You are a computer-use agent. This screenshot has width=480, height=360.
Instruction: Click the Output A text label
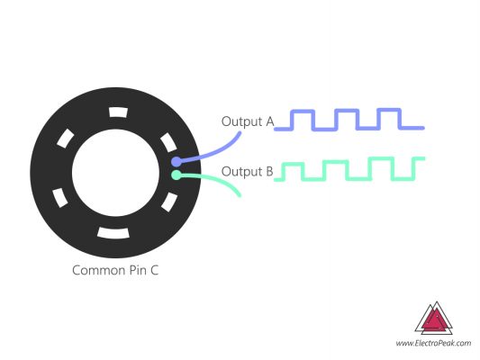[247, 121]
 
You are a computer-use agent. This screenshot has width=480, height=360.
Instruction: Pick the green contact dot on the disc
[177, 175]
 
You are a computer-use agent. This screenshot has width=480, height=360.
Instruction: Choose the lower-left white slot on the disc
[59, 196]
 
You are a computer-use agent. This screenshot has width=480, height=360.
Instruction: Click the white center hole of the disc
[114, 173]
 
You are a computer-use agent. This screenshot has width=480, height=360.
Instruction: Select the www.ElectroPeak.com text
[434, 343]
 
